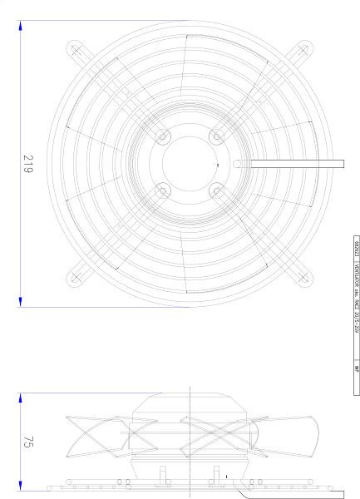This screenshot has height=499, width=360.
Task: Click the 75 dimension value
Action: (x=27, y=442)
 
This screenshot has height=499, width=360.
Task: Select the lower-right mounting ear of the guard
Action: (x=299, y=276)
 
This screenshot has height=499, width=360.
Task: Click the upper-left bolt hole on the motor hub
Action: (x=162, y=136)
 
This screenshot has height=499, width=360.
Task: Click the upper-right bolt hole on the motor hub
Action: (x=217, y=136)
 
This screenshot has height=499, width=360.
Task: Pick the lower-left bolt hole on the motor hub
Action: (x=162, y=191)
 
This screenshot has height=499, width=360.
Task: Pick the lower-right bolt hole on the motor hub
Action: (x=217, y=191)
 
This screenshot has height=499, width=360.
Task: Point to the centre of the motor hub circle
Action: (x=190, y=163)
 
